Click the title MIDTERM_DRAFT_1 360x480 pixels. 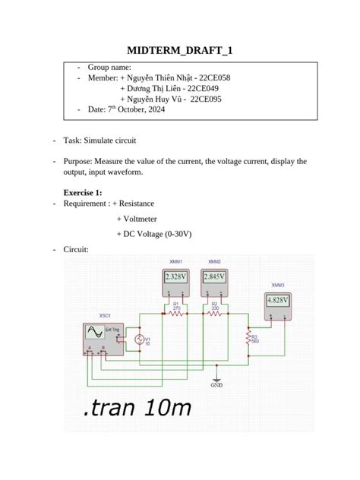click(180, 51)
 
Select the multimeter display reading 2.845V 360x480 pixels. click(215, 276)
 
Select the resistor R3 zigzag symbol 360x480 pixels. click(248, 337)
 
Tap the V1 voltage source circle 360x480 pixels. click(138, 339)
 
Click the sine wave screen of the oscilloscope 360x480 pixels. click(95, 333)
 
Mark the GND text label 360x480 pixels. click(217, 384)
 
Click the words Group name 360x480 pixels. click(109, 67)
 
